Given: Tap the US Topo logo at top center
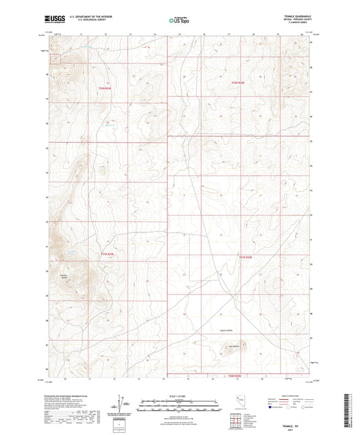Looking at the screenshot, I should (x=178, y=21).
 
